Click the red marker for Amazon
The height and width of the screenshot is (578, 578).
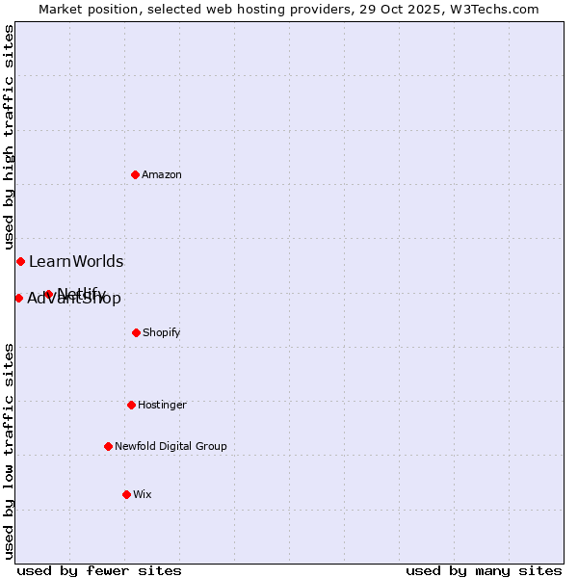coord(136,174)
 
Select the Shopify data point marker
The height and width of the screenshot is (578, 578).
coord(136,332)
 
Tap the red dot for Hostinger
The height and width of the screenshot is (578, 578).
coord(131,405)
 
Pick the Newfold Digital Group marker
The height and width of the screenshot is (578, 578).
coord(108,446)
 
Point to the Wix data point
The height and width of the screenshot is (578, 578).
coord(126,494)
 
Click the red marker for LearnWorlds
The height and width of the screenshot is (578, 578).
coord(20,261)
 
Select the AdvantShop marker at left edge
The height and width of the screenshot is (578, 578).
coord(18,298)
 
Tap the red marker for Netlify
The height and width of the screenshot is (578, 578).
coord(48,294)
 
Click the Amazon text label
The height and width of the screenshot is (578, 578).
coord(162,174)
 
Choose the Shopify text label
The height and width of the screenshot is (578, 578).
coord(162,332)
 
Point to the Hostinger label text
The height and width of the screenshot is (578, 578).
coord(162,405)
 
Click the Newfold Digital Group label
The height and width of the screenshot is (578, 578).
coord(171,446)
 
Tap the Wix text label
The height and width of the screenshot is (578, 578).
coord(143,494)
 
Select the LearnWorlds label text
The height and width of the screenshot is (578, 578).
coord(76,261)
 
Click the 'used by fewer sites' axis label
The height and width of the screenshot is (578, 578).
coord(99,570)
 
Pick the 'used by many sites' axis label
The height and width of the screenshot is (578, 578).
coord(484,570)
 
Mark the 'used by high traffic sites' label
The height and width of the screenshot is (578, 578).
coord(9,137)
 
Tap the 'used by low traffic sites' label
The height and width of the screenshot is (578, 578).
coord(9,451)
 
